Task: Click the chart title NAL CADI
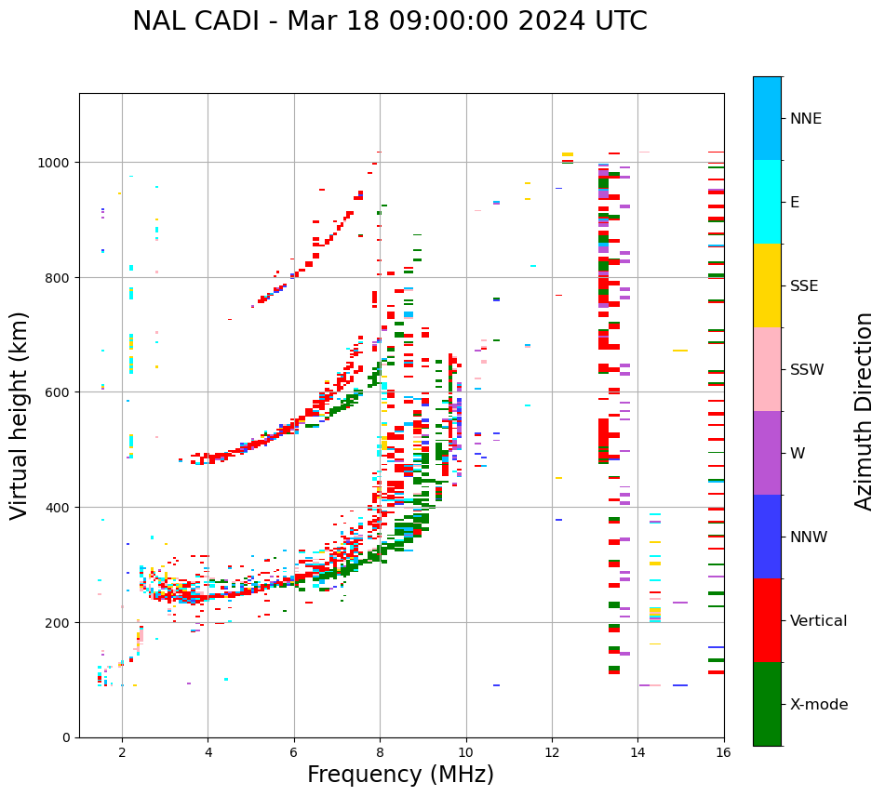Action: (389, 21)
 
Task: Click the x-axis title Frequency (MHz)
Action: (400, 775)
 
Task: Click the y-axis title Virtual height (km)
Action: (20, 415)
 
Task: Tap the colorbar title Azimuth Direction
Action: (865, 411)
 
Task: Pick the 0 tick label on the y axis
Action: (67, 737)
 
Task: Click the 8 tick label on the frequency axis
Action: (380, 753)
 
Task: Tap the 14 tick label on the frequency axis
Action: (637, 753)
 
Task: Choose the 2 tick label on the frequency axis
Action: (122, 753)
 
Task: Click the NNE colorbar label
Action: (806, 119)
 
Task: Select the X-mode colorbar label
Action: (819, 705)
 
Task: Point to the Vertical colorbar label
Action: (819, 621)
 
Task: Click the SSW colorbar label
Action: (807, 370)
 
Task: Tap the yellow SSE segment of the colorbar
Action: (767, 285)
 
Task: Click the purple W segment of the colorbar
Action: (767, 453)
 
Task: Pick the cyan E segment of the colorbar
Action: (767, 202)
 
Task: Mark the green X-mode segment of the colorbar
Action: (767, 704)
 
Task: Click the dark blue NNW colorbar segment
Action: (767, 537)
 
